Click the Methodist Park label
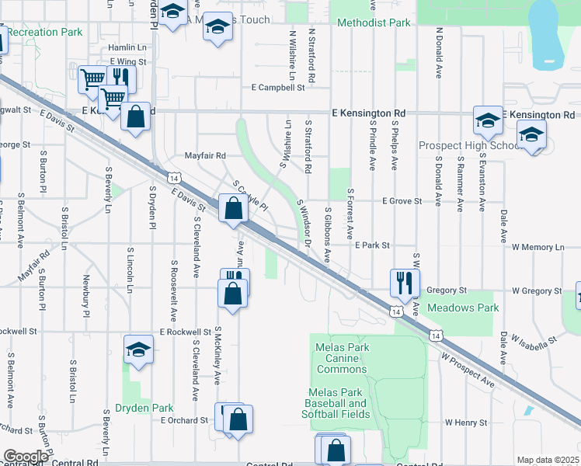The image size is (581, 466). point(374,23)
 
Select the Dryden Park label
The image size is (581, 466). point(144,407)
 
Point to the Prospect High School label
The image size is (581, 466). point(469,145)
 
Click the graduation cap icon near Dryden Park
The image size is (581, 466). point(137,348)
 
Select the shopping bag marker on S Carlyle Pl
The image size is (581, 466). point(233,208)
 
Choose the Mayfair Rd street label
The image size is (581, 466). point(205,155)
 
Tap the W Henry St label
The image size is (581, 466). point(465,423)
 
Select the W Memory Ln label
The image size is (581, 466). point(538,247)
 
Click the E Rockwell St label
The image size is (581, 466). point(186,332)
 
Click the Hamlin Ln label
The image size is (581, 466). point(128,47)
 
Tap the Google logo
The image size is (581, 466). point(25,457)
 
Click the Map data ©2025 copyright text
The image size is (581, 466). point(547,460)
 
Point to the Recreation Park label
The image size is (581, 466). point(46,33)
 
